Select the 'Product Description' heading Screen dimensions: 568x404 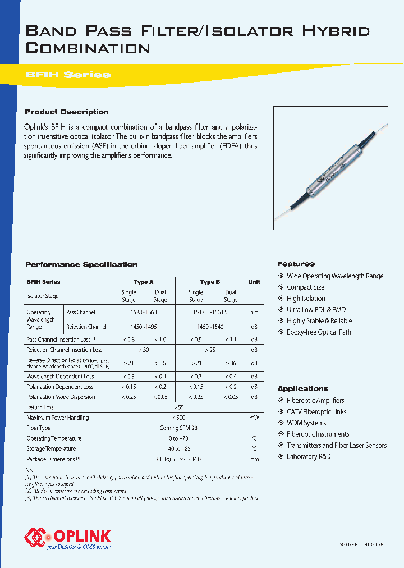pos(67,112)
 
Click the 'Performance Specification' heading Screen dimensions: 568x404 pos(81,264)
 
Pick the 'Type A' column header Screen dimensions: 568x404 pos(144,282)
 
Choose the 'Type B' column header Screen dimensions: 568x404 pos(210,282)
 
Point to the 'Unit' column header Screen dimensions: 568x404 pos(254,282)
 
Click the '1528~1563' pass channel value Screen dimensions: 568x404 pos(144,312)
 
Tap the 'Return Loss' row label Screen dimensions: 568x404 pos(40,407)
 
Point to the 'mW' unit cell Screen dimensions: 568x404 pos(254,418)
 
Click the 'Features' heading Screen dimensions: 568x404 pos(296,264)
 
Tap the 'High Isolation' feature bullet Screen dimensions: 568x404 pos(306,299)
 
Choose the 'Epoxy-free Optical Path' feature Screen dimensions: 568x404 pos(319,332)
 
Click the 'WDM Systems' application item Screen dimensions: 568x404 pos(306,423)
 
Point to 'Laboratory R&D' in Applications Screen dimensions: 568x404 pos(309,456)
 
